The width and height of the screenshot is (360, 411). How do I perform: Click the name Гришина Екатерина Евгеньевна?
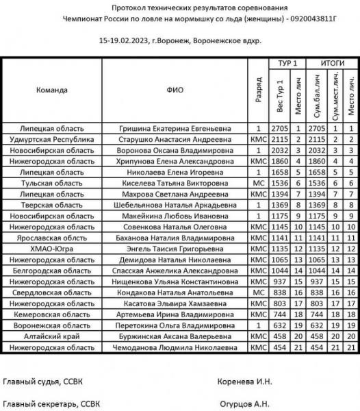pyautogui.click(x=175, y=128)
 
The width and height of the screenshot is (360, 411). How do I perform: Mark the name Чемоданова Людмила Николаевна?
pyautogui.click(x=175, y=348)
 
